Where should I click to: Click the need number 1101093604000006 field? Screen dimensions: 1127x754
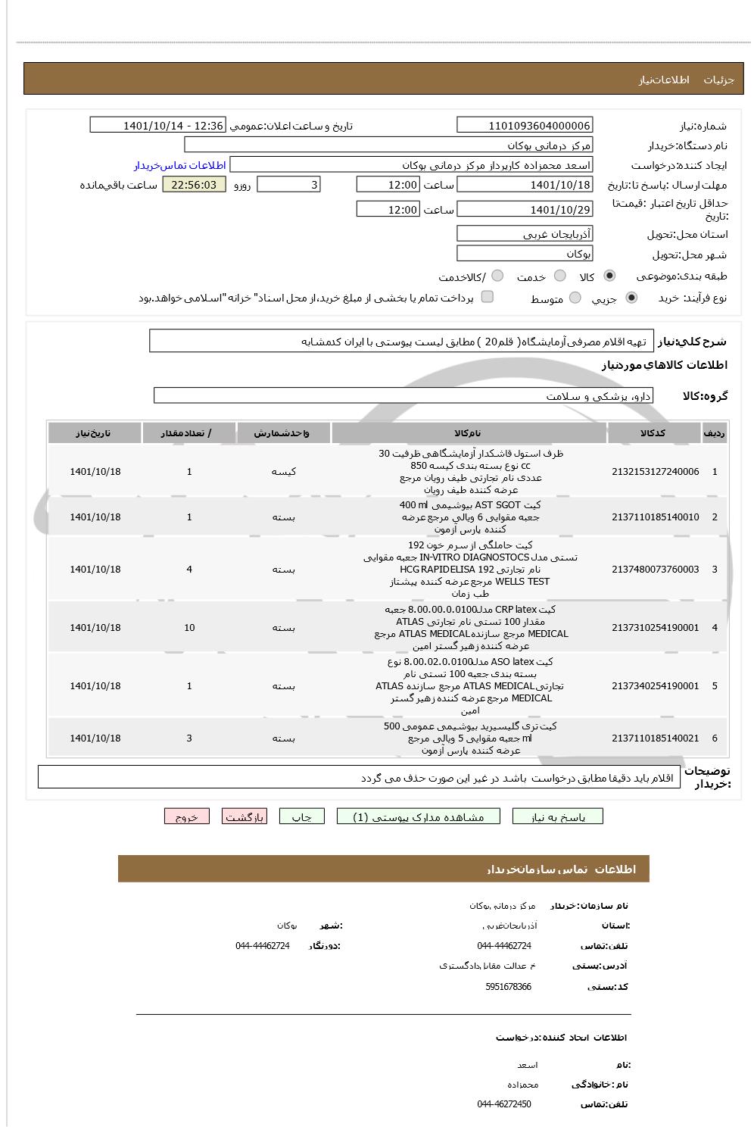click(x=525, y=126)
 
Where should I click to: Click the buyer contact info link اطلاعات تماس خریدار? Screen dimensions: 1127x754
click(x=180, y=165)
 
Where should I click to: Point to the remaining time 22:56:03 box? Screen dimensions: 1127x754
click(x=194, y=185)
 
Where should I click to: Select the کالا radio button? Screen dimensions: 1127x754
click(x=610, y=276)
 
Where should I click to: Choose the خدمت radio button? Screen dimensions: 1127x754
click(x=560, y=276)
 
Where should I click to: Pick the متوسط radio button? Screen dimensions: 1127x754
click(x=575, y=298)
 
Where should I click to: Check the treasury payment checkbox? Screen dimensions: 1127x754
click(x=488, y=297)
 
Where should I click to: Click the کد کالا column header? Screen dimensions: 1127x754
click(x=653, y=433)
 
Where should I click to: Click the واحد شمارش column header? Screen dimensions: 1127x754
click(x=283, y=433)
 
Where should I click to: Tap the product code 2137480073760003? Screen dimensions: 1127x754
click(x=655, y=570)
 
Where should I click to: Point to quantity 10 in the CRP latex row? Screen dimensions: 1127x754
click(x=189, y=628)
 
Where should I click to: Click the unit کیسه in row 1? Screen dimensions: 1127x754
click(x=283, y=472)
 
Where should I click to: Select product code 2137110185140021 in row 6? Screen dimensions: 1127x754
click(x=655, y=738)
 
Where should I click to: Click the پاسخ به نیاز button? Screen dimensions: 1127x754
click(x=558, y=817)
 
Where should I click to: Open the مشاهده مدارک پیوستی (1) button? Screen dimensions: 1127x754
click(x=419, y=817)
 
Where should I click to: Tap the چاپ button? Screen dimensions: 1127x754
click(x=302, y=817)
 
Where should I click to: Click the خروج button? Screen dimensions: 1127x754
click(x=187, y=817)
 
